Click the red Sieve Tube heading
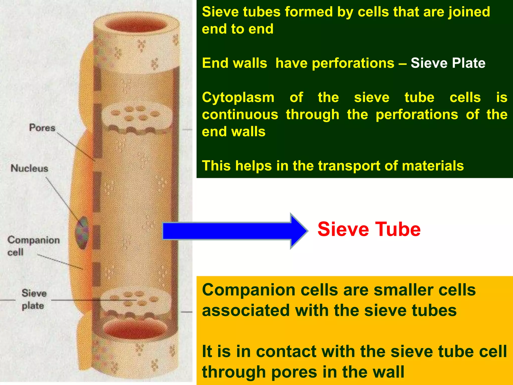(369, 229)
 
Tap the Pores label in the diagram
(42, 128)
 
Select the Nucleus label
(29, 168)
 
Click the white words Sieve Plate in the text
(448, 63)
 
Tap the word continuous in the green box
(240, 115)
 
